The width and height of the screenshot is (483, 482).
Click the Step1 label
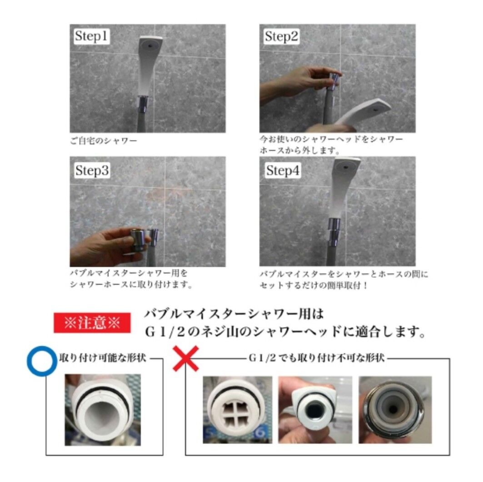92,37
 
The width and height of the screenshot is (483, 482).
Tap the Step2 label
282,37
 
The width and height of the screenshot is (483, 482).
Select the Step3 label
92,171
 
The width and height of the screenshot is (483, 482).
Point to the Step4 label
282,171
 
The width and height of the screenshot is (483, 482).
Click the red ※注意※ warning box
92,323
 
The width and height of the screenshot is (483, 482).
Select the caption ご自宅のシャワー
103,141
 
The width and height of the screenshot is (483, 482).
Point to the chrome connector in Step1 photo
142,104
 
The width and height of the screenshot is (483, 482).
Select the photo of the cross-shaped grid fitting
237,409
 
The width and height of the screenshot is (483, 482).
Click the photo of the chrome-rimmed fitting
395,409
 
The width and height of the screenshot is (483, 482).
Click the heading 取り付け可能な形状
103,358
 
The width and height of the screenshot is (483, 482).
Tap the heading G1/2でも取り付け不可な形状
316,358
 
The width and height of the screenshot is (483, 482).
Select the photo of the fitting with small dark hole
315,409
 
